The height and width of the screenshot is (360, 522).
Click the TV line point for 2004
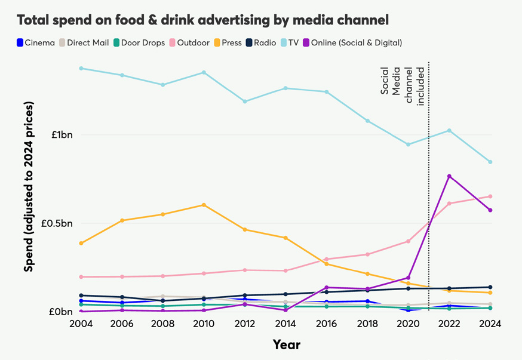click(x=81, y=68)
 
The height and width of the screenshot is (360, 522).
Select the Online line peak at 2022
click(x=449, y=176)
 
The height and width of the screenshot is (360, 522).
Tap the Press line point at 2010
click(x=204, y=205)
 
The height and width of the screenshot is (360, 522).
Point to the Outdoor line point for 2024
click(x=490, y=196)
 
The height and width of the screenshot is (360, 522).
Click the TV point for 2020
click(x=409, y=144)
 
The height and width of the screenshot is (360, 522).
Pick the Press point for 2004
click(x=81, y=243)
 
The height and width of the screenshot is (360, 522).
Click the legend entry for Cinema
click(x=36, y=42)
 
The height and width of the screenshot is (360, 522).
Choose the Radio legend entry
click(x=259, y=42)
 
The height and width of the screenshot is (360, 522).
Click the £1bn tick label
click(x=61, y=134)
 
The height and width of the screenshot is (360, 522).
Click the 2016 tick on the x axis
click(x=326, y=324)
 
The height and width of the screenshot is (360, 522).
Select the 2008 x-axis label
click(x=162, y=324)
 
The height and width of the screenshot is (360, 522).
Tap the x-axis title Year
click(x=286, y=344)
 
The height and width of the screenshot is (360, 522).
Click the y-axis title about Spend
click(x=29, y=186)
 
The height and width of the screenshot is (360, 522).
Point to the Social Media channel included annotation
click(x=403, y=87)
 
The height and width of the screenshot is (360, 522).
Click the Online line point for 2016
click(x=326, y=288)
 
